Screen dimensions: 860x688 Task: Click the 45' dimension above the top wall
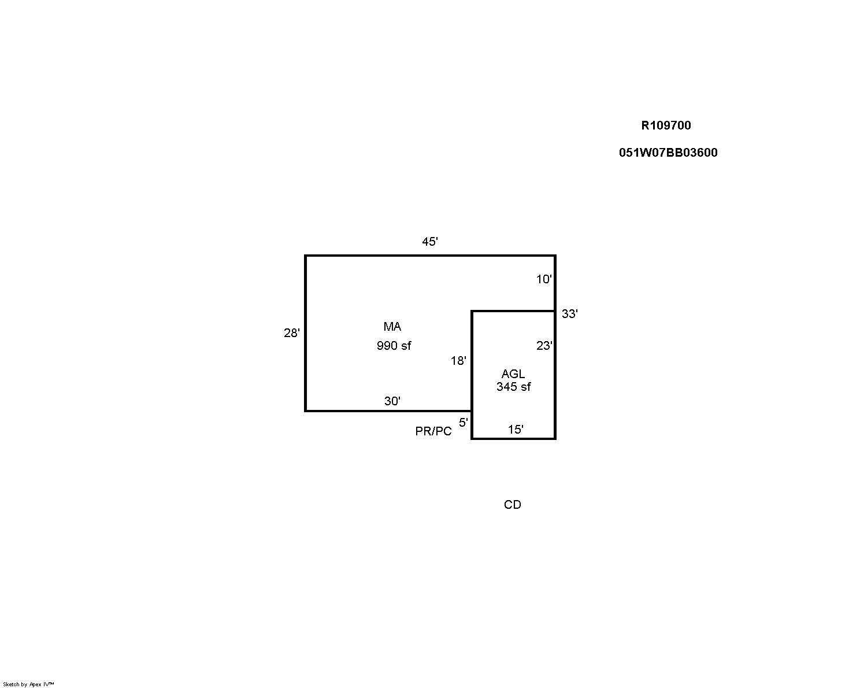429,242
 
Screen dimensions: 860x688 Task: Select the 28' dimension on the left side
291,332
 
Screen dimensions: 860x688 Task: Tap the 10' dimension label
543,279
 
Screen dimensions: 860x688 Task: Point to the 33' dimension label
569,314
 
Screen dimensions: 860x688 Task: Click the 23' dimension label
544,345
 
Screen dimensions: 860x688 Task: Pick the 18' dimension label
458,361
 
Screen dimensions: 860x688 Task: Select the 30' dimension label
392,401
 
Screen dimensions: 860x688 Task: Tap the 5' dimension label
463,422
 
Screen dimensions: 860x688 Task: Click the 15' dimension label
515,430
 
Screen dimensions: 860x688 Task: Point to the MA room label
392,327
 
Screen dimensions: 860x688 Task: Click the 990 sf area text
394,345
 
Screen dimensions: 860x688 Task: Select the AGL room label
513,374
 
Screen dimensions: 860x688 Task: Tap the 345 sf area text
514,387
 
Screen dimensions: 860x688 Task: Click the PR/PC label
433,431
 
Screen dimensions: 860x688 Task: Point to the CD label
512,505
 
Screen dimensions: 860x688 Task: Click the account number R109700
666,125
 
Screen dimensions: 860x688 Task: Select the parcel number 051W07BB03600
668,153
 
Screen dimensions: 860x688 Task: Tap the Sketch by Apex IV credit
28,685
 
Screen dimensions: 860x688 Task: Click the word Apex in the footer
36,685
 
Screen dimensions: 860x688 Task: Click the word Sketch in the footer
11,685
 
